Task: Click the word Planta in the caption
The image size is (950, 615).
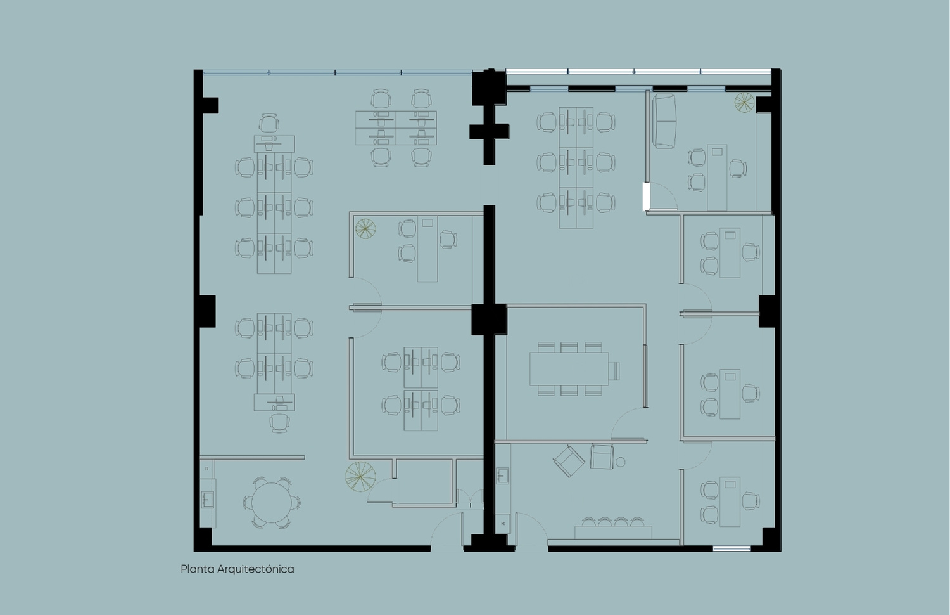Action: pos(197,569)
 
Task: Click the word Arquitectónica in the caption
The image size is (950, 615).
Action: pos(255,569)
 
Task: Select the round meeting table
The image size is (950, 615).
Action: pos(272,503)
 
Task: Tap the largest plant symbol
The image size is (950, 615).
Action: pos(360,477)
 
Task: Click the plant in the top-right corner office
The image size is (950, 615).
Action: pos(744,103)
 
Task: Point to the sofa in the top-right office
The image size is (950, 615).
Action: pos(664,121)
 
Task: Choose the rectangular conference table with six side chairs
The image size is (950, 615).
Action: pos(569,368)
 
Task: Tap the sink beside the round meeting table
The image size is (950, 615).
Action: pos(207,500)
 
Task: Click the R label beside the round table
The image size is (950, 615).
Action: pos(207,469)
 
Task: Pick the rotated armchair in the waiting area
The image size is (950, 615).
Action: pos(569,461)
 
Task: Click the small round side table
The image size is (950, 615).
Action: pos(620,462)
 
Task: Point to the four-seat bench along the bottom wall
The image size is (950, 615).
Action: pos(613,529)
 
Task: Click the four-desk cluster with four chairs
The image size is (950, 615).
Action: pos(396,127)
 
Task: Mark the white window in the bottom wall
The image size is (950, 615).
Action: pos(731,549)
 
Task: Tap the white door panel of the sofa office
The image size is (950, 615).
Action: pos(646,196)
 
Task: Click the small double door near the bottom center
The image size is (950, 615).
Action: pos(471,499)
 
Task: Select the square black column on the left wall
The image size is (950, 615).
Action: pos(207,311)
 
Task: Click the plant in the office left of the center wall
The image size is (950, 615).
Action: pos(365,228)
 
